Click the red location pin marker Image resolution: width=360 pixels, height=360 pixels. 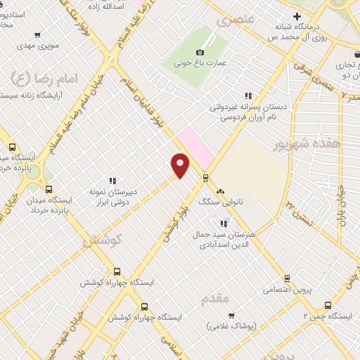181,165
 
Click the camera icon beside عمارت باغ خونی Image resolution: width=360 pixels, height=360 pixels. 200,53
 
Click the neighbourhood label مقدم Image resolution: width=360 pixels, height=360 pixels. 215,298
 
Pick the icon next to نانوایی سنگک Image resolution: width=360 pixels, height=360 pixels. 221,191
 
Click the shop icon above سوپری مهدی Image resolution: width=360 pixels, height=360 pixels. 37,33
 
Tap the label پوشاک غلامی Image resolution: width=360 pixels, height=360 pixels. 233,326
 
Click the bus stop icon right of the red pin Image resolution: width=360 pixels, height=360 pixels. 205,177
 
